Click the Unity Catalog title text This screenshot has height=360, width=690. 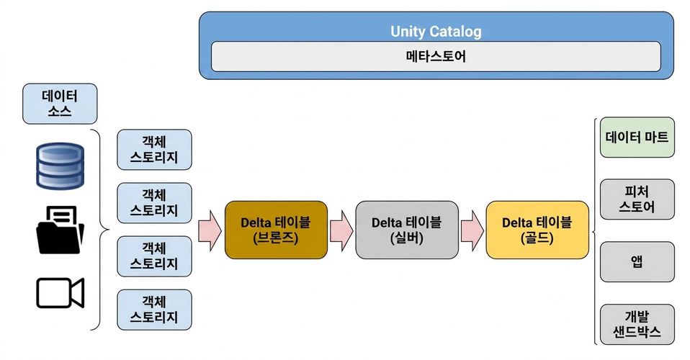point(436,31)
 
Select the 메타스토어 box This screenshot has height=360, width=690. point(436,56)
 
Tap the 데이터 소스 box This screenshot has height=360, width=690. point(60,104)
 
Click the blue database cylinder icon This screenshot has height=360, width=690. point(60,166)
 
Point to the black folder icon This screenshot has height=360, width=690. point(60,230)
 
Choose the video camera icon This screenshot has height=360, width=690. point(60,293)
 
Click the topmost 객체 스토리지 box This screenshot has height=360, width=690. point(154,150)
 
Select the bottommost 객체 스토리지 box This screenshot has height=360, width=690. point(154,310)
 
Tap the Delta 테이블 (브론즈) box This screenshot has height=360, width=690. point(276,230)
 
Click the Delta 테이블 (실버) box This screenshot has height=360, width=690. point(407,230)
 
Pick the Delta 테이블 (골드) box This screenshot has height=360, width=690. point(537,230)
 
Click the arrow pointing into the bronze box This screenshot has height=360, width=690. point(210,230)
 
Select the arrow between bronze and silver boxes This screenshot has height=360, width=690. point(341,230)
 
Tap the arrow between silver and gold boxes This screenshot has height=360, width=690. point(472,230)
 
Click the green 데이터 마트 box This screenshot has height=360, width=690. point(637,138)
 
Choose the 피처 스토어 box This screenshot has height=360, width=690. point(637,199)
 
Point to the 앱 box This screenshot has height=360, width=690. point(637,262)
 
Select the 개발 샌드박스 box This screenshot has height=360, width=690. point(637,324)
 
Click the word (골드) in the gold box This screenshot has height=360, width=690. point(537,238)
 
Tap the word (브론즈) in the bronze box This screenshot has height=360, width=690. point(275,238)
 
